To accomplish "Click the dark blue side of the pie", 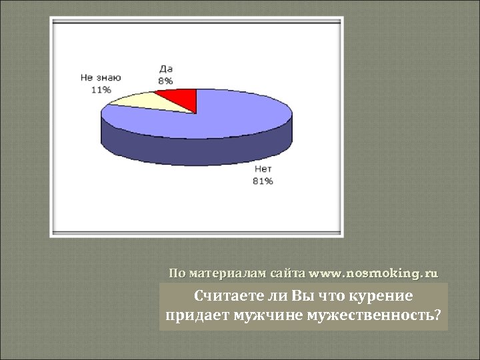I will coord(193,151).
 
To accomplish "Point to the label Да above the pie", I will coord(167,69).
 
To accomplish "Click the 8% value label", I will coord(165,81).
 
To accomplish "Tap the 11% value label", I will coord(102,89).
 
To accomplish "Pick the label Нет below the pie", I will coord(262,169).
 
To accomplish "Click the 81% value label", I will coord(262,181).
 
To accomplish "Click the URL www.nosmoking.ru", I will coord(374,273).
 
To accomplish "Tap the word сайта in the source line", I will coord(288,273).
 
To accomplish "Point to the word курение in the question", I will coord(383,296).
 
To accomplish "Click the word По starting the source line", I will coord(177,273).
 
